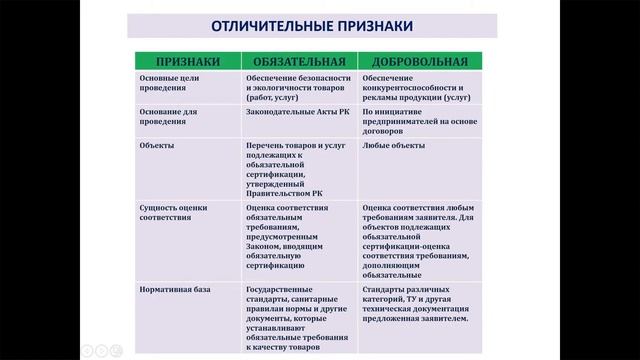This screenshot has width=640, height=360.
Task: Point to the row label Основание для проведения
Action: click(x=172, y=119)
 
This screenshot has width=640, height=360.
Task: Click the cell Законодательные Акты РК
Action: click(x=296, y=113)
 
